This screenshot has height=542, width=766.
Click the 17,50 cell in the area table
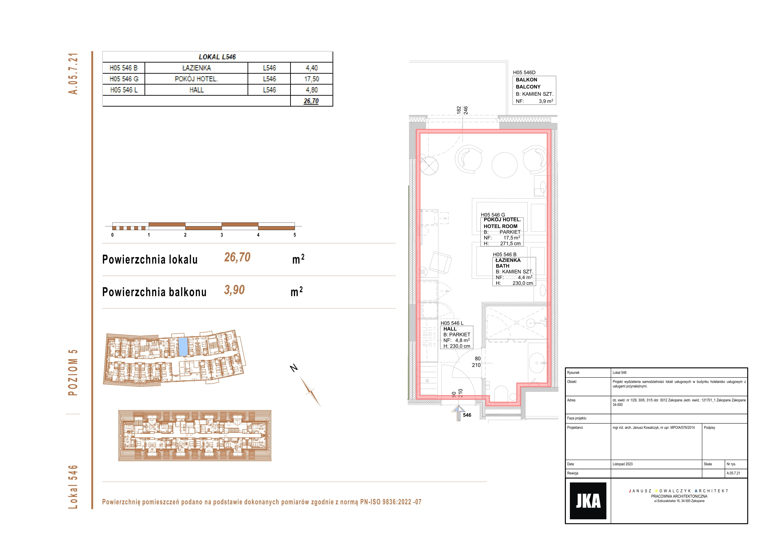(312, 79)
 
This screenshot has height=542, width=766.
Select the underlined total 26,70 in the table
(311, 101)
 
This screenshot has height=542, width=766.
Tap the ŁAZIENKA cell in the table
(197, 68)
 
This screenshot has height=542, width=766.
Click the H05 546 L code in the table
(124, 90)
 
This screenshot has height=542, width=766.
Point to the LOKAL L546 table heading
(217, 57)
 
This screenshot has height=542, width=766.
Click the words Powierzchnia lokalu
(150, 260)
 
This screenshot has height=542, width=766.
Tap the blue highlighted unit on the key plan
(183, 347)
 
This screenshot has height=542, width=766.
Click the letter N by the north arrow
(294, 368)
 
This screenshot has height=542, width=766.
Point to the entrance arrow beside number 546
(458, 413)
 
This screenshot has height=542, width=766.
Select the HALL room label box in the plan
(456, 338)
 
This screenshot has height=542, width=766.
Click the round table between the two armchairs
(504, 165)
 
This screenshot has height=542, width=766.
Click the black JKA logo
(588, 501)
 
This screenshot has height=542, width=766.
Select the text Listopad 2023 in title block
(622, 464)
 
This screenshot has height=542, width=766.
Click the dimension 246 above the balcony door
(466, 111)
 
